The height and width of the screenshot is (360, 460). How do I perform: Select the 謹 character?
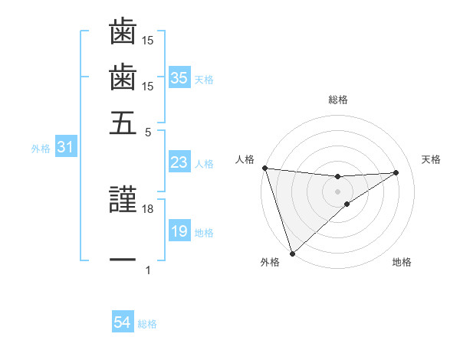(x=123, y=201)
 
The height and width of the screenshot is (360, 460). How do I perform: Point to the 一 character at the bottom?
(x=123, y=260)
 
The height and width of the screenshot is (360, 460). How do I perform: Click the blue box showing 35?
(x=179, y=77)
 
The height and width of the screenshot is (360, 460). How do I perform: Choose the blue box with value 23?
(x=179, y=162)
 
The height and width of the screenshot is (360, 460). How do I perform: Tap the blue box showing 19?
(x=179, y=231)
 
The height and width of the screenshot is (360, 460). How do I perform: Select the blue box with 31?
(x=66, y=148)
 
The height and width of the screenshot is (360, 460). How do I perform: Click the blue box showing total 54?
(x=123, y=323)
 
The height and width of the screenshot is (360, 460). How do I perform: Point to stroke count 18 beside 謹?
(x=148, y=208)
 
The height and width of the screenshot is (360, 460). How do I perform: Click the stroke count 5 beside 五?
(x=148, y=131)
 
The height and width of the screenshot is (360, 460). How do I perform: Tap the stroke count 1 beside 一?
(x=148, y=270)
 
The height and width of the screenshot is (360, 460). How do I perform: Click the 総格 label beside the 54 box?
(x=147, y=324)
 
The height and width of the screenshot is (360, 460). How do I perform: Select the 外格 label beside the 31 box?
(x=41, y=149)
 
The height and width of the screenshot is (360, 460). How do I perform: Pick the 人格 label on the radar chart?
(x=245, y=159)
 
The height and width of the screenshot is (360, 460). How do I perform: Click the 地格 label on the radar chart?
(x=402, y=262)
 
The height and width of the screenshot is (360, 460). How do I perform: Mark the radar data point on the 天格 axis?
(x=396, y=172)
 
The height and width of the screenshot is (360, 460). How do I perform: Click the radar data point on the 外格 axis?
(x=292, y=253)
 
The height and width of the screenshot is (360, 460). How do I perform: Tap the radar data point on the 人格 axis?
(x=264, y=168)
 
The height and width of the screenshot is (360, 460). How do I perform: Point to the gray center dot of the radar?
(x=337, y=190)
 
